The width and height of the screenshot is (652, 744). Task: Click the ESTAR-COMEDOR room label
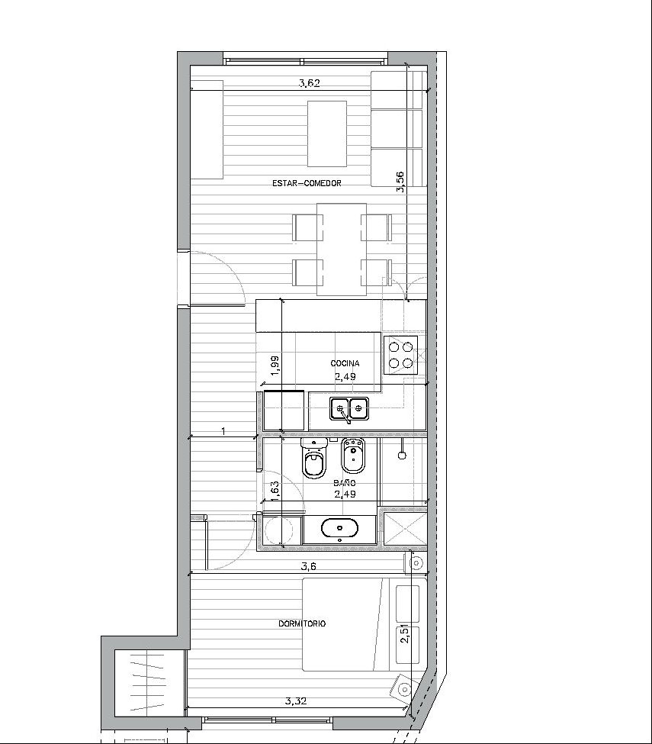click(x=307, y=183)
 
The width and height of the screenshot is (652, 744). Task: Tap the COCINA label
click(x=345, y=363)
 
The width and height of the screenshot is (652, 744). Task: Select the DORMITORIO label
click(x=301, y=623)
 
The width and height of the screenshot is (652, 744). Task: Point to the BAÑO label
click(x=344, y=483)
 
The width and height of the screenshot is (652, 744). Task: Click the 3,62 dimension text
click(x=309, y=83)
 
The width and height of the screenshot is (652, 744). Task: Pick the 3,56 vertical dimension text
click(x=400, y=182)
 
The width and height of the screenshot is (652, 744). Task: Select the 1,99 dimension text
click(x=275, y=366)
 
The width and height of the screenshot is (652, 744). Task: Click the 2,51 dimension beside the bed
click(x=404, y=634)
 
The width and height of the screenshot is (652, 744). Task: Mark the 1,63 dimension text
click(x=275, y=491)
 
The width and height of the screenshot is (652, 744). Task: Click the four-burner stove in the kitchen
click(x=400, y=356)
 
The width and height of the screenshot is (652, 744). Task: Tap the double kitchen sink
click(x=349, y=410)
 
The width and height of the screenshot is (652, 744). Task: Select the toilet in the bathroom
click(x=314, y=458)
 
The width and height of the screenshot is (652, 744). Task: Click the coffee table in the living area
click(x=327, y=134)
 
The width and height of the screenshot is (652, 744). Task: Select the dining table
click(x=341, y=250)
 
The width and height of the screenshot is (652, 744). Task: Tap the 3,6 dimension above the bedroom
click(x=308, y=566)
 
